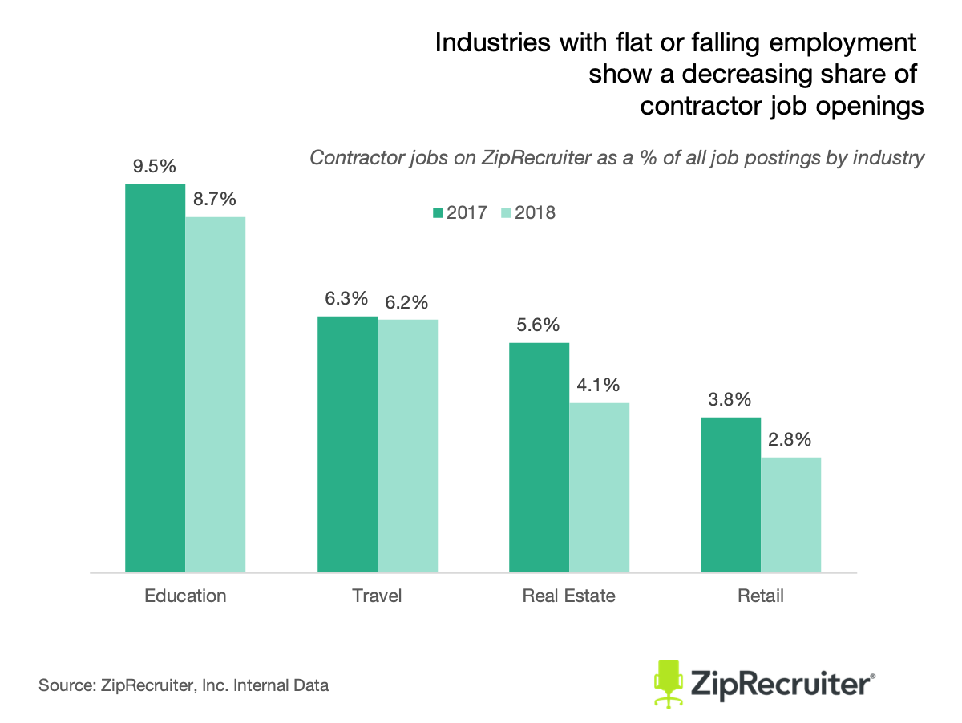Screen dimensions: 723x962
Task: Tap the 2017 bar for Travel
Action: [347, 444]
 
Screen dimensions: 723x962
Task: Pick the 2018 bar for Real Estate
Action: [599, 487]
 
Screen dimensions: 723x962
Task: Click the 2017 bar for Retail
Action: [730, 495]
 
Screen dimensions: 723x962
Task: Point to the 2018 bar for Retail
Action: [790, 515]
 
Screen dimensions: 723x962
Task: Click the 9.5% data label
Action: [156, 167]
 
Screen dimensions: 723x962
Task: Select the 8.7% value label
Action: [215, 199]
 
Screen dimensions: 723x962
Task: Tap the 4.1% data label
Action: [599, 385]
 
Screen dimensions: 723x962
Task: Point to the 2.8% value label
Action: [790, 439]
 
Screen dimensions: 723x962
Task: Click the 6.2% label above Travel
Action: [407, 302]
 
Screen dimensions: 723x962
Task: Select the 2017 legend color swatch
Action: [438, 213]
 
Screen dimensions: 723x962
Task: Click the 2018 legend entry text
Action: [535, 213]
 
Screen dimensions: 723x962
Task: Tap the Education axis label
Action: [185, 596]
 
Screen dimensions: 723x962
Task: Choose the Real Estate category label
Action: [568, 596]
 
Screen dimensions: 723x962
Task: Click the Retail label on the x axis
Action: [760, 596]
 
